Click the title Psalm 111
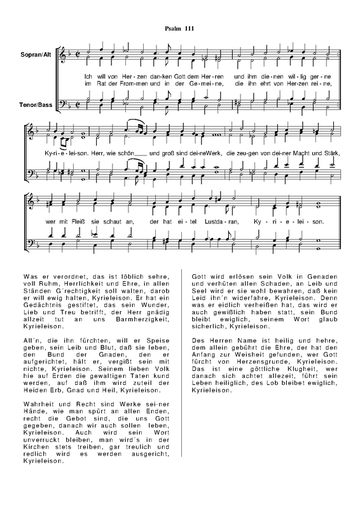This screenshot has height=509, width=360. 180,29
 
